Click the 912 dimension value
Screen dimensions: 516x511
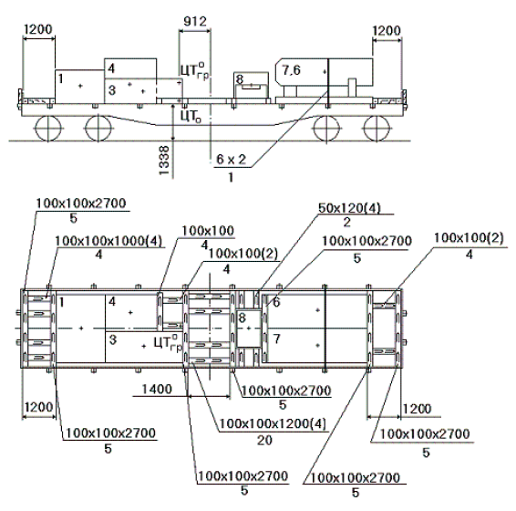click(195, 21)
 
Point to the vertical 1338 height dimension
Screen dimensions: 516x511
click(163, 161)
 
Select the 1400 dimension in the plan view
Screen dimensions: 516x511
click(157, 389)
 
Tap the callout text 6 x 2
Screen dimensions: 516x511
click(231, 160)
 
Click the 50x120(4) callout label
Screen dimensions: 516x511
click(349, 208)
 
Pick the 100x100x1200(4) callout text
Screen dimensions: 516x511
click(273, 423)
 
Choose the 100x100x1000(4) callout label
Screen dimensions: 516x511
click(108, 241)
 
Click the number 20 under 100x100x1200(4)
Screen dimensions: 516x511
click(264, 440)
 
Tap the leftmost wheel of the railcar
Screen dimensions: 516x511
click(48, 128)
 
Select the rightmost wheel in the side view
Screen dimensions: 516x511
click(377, 128)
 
